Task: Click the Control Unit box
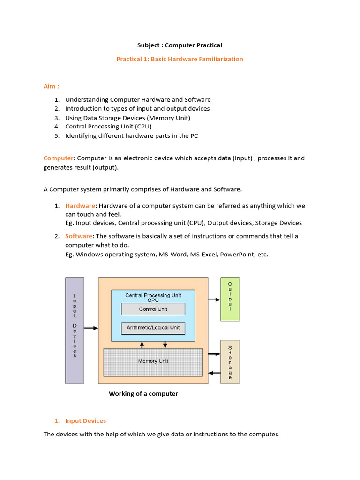(x=153, y=309)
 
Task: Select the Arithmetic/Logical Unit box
(x=153, y=328)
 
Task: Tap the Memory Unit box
(x=153, y=361)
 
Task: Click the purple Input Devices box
(x=75, y=330)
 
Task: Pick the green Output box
(x=230, y=299)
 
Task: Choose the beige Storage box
(x=230, y=362)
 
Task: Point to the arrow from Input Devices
(x=91, y=328)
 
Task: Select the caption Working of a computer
(x=143, y=394)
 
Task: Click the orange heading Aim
(x=51, y=86)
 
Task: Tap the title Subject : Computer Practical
(x=180, y=45)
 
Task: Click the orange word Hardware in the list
(x=80, y=206)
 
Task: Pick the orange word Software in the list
(x=79, y=236)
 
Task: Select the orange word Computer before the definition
(x=59, y=158)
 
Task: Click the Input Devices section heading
(x=85, y=421)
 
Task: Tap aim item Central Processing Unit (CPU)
(x=108, y=127)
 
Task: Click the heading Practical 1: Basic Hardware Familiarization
(x=180, y=59)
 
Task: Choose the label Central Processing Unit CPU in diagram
(x=153, y=298)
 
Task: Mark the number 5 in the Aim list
(x=57, y=136)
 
